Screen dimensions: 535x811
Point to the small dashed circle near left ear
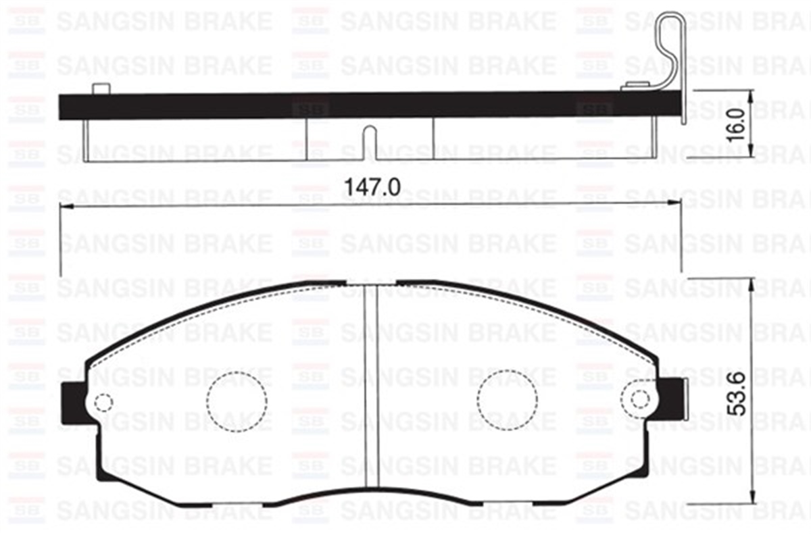[103, 403]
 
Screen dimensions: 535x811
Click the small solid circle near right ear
[639, 399]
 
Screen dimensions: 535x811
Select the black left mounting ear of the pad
[73, 403]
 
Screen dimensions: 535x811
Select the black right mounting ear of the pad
[671, 399]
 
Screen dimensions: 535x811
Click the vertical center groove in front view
[370, 385]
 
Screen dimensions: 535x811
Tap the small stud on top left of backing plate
[101, 88]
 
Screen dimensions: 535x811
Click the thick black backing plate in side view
[338, 105]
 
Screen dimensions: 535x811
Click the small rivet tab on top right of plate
[635, 86]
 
